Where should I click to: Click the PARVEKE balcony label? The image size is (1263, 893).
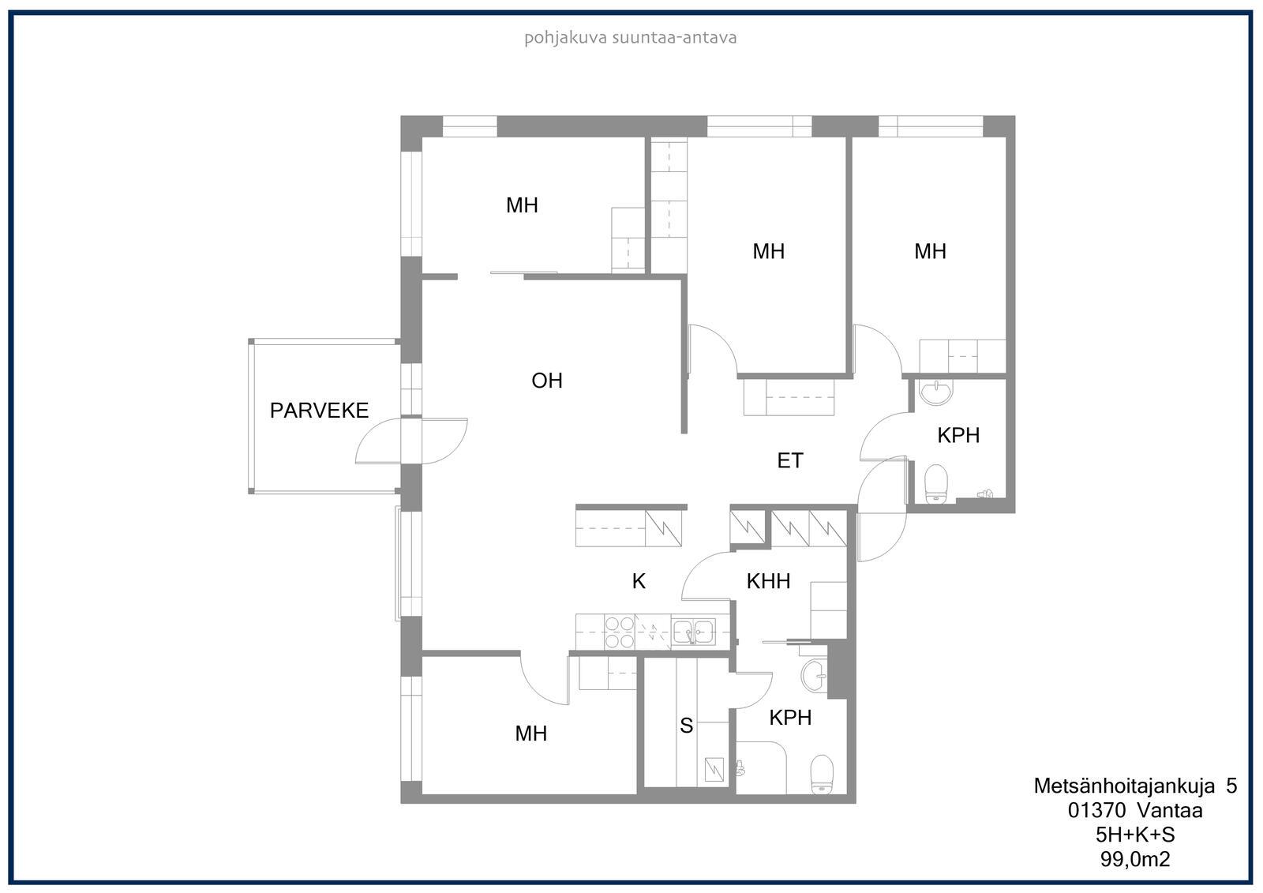coord(319,410)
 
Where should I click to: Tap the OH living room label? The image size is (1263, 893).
coord(547,381)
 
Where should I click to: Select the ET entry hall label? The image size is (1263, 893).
coord(790,461)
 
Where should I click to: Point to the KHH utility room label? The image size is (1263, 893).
coord(768,581)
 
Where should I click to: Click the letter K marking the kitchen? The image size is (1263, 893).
coord(639,581)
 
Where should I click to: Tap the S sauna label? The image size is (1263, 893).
coord(686,726)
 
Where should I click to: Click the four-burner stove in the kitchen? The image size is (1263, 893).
coord(619,632)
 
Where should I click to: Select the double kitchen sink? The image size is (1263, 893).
coord(693,631)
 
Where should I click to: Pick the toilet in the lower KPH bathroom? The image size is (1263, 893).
coord(822,774)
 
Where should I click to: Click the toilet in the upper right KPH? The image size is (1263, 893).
coord(936,483)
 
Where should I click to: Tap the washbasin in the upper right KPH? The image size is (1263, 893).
coord(936,392)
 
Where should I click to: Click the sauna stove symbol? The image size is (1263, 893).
coord(714,769)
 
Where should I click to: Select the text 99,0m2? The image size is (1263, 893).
coord(1135,859)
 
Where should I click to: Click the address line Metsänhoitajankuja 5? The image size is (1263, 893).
coord(1135,786)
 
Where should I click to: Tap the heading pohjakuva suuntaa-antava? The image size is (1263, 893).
coord(631,38)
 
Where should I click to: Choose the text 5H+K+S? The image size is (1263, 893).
coord(1135,835)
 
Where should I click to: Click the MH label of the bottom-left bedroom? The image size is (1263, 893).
coord(530,734)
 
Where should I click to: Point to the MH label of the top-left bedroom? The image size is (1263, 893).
coord(522,205)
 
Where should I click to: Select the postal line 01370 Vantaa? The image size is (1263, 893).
coord(1135,811)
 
